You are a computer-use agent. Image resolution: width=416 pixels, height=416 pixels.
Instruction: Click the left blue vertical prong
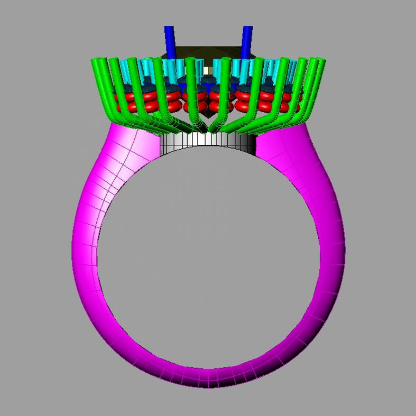(169, 39)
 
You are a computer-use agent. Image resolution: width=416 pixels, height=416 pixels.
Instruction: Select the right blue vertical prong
(247, 40)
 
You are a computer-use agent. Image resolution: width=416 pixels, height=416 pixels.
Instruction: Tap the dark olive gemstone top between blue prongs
(208, 51)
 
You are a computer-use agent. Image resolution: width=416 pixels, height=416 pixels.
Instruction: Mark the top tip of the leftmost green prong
(96, 60)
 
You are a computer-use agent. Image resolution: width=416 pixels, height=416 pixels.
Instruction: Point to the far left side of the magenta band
(85, 248)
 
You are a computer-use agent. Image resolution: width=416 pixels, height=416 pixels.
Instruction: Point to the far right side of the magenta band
(331, 248)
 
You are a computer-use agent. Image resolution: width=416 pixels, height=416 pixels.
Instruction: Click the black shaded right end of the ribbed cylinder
(249, 142)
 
